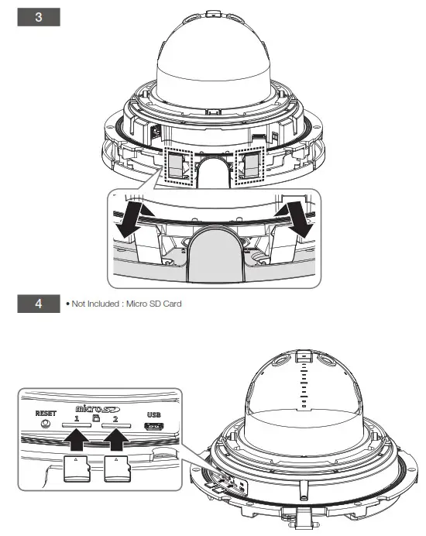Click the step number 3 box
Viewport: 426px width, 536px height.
39,17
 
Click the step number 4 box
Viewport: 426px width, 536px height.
39,304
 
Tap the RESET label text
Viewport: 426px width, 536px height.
46,414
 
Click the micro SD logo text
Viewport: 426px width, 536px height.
98,408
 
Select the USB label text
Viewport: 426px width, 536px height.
154,414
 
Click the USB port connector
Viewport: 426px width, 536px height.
154,426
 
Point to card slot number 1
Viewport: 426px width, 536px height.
77,425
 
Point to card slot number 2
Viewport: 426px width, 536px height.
116,425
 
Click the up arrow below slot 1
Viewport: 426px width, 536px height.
77,440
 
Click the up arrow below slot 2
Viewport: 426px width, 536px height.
117,440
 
